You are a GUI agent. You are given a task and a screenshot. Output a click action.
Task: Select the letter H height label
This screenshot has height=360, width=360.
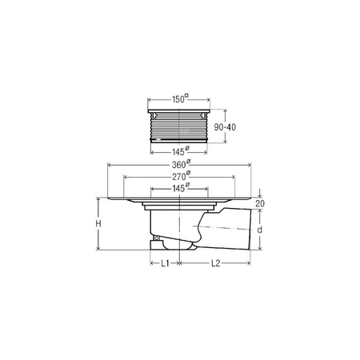pyautogui.click(x=98, y=226)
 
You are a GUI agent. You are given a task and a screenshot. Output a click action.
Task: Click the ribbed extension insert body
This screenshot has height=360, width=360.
pyautogui.click(x=180, y=126)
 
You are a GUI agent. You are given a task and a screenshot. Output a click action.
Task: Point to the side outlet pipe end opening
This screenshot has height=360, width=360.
pyautogui.click(x=244, y=230)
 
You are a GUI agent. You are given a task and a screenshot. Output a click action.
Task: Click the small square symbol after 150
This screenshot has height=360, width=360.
pyautogui.click(x=186, y=97)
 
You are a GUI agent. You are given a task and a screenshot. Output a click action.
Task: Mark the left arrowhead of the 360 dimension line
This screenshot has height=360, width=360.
pyautogui.click(x=107, y=168)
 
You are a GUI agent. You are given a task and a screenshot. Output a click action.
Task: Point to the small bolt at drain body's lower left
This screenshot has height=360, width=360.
pyautogui.click(x=155, y=238)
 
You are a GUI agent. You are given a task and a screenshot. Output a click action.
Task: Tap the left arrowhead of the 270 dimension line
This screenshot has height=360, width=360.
pyautogui.click(x=126, y=179)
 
